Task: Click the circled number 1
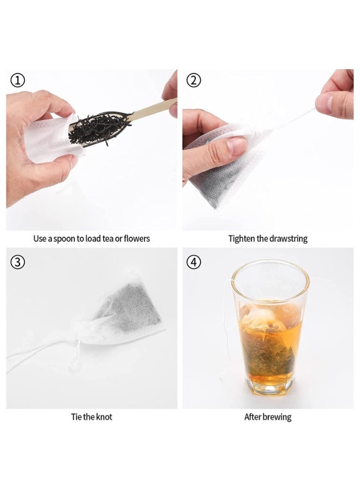click(17, 81)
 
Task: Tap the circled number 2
click(194, 81)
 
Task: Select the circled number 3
click(17, 262)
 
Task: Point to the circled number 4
click(194, 262)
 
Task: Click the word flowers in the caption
click(137, 238)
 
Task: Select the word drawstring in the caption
click(289, 239)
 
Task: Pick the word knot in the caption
click(104, 417)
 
